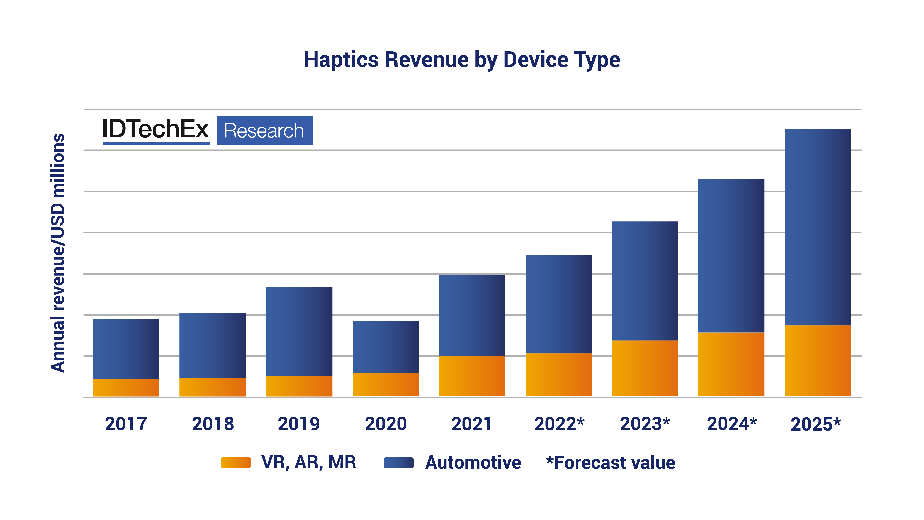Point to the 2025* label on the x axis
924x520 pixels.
[x=815, y=424]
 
